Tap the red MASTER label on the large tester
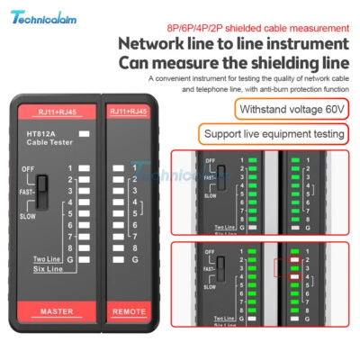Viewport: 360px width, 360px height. point(56,311)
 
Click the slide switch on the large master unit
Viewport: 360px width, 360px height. point(43,192)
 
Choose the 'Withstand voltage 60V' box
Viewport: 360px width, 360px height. point(278,110)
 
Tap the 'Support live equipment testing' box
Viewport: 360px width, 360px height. point(274,135)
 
